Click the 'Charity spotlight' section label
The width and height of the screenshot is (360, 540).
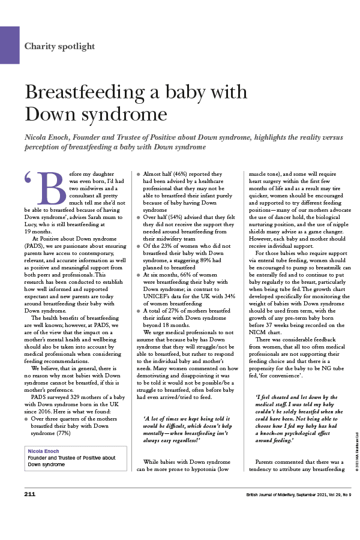59,46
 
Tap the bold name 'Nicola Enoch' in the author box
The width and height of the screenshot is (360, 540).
43,451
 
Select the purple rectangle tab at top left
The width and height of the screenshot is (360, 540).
10,44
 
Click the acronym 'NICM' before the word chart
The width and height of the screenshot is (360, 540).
258,332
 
